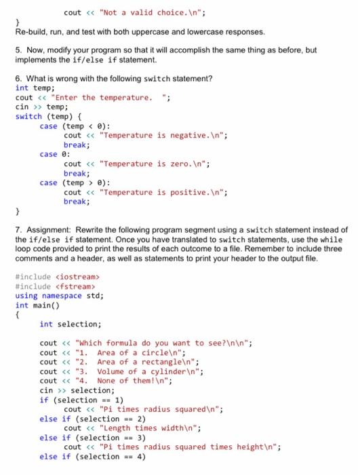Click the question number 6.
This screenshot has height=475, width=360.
[18, 79]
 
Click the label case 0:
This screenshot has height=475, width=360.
[51, 154]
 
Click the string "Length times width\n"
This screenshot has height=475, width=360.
[146, 428]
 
